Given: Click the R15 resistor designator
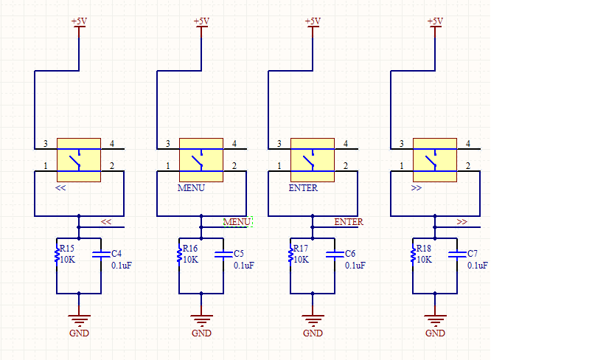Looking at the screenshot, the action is pos(67,249).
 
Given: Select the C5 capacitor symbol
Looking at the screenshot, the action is pos(223,254).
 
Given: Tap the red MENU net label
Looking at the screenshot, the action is pos(237,222).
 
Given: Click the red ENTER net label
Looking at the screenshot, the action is pos(349,222).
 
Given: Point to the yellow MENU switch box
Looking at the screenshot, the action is pos(201,160).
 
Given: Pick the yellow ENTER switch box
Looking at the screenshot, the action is pos(313,160).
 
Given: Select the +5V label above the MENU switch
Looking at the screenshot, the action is pos(201,21).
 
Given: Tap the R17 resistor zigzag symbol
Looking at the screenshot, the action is pos(290,255).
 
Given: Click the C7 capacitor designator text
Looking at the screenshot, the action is pos(473,254).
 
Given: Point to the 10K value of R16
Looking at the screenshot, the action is pos(190,260).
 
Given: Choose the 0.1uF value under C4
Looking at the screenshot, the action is pos(122,266).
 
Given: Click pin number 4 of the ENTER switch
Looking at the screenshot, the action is pos(346,144).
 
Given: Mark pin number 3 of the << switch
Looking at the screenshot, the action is pos(46,144).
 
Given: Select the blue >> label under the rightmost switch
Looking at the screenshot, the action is pos(417,188).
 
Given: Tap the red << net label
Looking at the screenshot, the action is pos(106,222).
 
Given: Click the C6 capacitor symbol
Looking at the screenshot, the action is pos(335,254).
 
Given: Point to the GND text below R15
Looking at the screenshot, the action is pos(79,333).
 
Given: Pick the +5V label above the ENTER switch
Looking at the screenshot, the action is pos(313,21).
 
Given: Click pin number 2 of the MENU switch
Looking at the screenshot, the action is pos(234,166).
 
